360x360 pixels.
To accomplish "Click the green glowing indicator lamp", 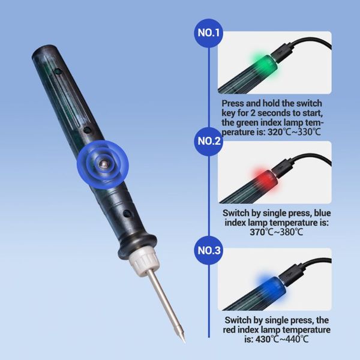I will coord(259,61).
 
